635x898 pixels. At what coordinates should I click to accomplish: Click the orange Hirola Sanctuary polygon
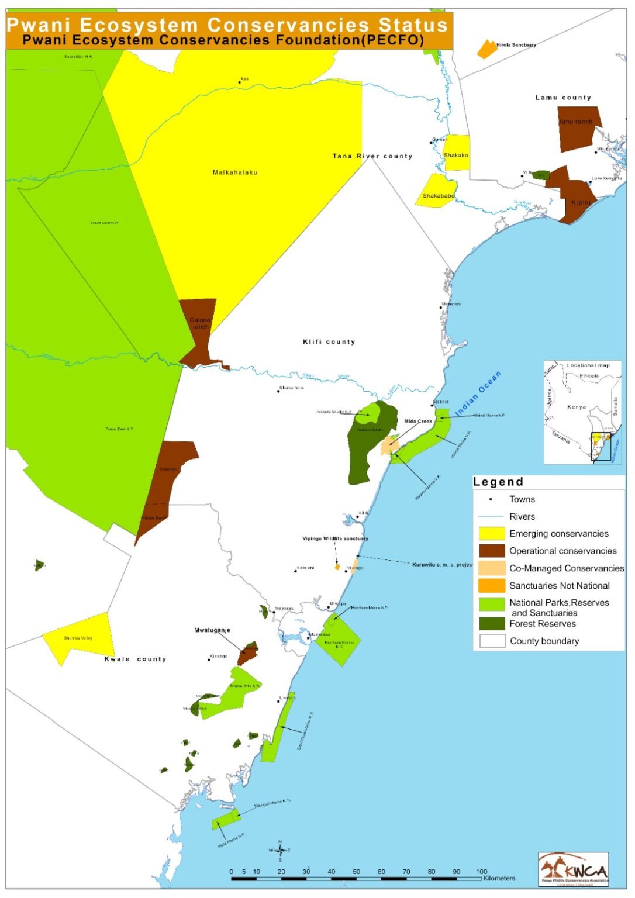[486, 49]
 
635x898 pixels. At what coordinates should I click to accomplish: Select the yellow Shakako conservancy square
[457, 153]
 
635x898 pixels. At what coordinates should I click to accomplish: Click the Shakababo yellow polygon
[437, 191]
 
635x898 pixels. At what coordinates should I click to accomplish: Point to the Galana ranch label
[200, 323]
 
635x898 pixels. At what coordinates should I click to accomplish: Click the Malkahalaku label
[235, 172]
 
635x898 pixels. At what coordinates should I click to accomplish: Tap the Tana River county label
[372, 156]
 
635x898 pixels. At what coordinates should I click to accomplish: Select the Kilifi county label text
[329, 342]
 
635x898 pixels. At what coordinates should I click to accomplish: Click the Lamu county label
[563, 98]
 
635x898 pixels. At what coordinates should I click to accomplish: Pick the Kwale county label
[135, 659]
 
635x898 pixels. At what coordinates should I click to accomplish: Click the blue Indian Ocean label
[478, 393]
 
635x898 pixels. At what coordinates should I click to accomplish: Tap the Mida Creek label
[418, 421]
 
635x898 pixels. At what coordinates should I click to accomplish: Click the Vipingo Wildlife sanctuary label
[335, 538]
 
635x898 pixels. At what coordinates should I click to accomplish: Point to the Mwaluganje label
[212, 630]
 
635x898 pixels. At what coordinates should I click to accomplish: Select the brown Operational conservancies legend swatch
[492, 551]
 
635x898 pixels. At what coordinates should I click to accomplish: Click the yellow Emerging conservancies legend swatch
[492, 533]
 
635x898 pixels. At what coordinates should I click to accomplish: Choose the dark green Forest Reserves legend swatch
[492, 624]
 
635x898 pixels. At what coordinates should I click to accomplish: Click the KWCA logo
[574, 869]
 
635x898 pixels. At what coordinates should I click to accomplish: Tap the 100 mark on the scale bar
[481, 872]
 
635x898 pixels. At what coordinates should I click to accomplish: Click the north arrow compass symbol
[279, 851]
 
